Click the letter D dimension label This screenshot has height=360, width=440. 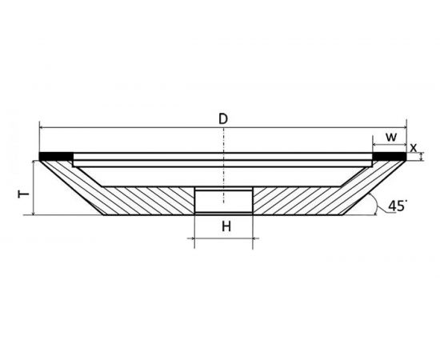(x=223, y=119)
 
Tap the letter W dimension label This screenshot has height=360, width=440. (x=391, y=138)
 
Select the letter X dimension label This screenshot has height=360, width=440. (x=413, y=148)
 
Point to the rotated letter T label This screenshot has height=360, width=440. (x=23, y=194)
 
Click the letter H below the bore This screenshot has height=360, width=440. (x=226, y=226)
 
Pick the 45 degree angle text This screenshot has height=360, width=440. (x=398, y=206)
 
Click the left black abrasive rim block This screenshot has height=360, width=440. (x=56, y=156)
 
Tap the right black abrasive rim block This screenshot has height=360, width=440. (x=390, y=156)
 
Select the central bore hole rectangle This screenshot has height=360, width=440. (x=224, y=201)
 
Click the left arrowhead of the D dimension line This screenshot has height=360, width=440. (x=42, y=127)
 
